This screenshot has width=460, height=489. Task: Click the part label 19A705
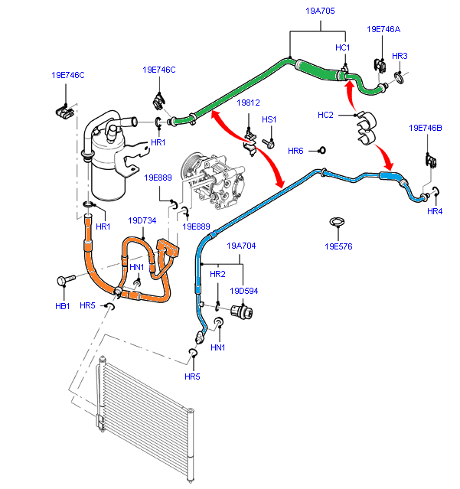click(320, 11)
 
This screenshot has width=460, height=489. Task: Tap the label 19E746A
click(383, 29)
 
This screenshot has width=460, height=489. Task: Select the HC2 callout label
click(325, 115)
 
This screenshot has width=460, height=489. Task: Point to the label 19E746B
click(426, 128)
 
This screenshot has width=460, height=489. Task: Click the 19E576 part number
click(338, 246)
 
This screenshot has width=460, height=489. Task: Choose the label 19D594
click(244, 291)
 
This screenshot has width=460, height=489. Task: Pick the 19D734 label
click(142, 220)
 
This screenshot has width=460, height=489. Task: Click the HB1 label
click(62, 306)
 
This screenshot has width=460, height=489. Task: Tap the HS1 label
click(269, 119)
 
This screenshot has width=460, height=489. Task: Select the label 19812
click(248, 103)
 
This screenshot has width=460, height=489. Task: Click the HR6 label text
click(295, 151)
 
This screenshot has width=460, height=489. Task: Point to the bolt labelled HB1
click(66, 279)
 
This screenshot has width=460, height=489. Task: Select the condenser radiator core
click(145, 418)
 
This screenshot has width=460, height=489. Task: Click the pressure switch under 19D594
click(241, 312)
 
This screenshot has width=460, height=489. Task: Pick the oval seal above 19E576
click(337, 222)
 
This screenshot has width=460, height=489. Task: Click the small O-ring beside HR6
click(322, 150)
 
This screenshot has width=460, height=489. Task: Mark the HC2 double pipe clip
click(367, 128)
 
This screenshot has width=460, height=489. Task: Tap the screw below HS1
click(268, 143)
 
